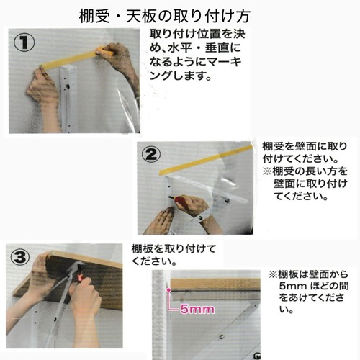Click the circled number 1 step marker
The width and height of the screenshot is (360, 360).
pos(24,42)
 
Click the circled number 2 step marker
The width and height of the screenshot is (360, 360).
pos(151,155)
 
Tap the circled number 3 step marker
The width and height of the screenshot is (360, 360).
pos(20,257)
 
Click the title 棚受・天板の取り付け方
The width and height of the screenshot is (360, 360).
pos(165,17)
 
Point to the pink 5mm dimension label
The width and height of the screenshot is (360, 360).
pos(197,309)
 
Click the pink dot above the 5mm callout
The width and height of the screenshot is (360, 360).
pos(168,290)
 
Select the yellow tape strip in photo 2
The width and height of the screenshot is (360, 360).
pos(207,160)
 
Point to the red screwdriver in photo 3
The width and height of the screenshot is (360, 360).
pos(80,276)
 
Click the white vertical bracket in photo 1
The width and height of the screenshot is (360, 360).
pos(68,99)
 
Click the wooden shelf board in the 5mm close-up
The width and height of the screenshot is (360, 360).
pos(215,284)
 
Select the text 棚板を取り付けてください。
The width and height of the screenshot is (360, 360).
pos(174,255)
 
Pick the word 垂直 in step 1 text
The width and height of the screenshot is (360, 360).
pos(217,48)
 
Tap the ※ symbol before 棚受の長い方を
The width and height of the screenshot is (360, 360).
pos(268,171)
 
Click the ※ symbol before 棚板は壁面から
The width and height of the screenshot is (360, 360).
pos(274,274)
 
